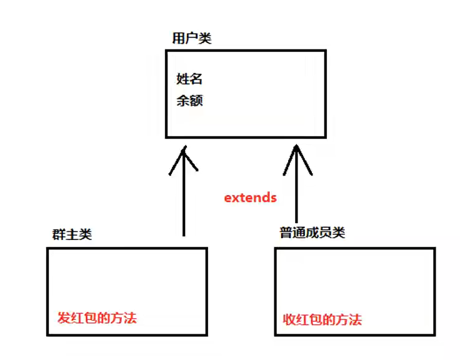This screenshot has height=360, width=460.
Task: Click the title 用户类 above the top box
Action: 192,38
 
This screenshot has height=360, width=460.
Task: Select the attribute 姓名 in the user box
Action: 189,79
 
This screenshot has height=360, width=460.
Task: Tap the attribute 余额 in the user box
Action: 189,101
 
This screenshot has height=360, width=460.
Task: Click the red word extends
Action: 250,197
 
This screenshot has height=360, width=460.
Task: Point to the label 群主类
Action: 72,234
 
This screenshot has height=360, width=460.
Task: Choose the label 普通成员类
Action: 312,233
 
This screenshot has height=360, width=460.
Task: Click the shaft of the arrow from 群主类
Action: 184,200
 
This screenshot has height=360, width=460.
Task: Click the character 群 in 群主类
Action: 59,234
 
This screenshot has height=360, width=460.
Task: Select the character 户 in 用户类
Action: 192,38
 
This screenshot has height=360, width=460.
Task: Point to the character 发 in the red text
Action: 64,317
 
